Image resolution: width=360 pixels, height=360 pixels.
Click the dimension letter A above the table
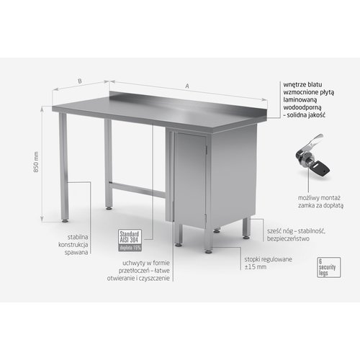[x=187, y=86]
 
